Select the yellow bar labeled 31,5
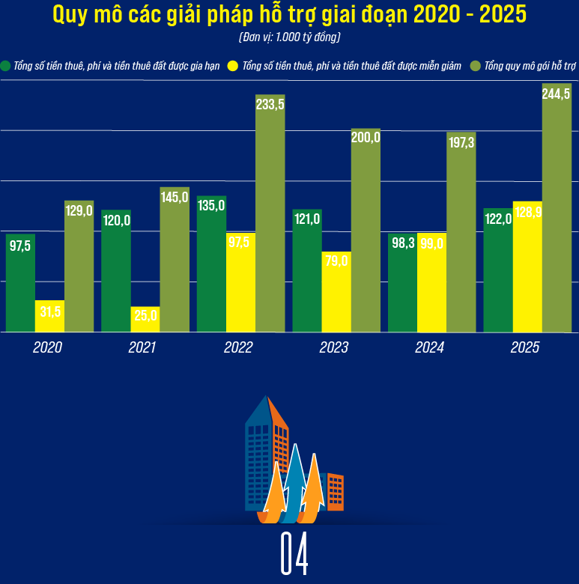pos(50,316)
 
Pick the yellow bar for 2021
pos(145,319)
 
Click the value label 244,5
pos(557,94)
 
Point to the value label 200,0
pos(366,138)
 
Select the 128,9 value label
pos(528,212)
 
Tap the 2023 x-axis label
pos(333,347)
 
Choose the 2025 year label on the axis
pos(524,347)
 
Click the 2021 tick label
pos(142,347)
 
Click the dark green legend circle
pos(7,66)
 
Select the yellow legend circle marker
pos(233,66)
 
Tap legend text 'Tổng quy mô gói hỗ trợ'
pos(530,66)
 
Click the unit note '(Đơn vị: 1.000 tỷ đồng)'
pos(289,37)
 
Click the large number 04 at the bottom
pos(294,555)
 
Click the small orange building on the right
pos(335,491)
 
